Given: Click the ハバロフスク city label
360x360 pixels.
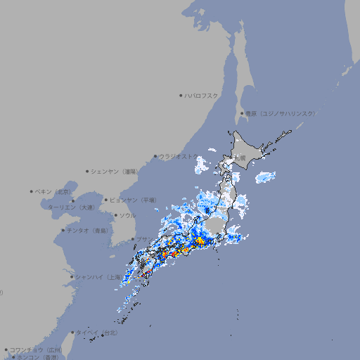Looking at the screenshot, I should pyautogui.click(x=202, y=95).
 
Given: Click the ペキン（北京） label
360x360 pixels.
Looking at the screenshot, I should pyautogui.click(x=54, y=191).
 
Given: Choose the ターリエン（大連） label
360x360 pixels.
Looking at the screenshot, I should pyautogui.click(x=71, y=207).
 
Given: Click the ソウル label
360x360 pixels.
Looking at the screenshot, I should pyautogui.click(x=127, y=215).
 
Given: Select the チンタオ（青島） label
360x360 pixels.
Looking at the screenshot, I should pyautogui.click(x=87, y=230).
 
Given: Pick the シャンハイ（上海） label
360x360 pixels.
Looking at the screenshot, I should pyautogui.click(x=98, y=277).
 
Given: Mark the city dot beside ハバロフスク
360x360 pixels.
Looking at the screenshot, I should pyautogui.click(x=181, y=95).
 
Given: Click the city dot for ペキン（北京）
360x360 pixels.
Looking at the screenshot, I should pyautogui.click(x=32, y=191).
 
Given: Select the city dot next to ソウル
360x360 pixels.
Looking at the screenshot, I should pyautogui.click(x=115, y=215).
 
